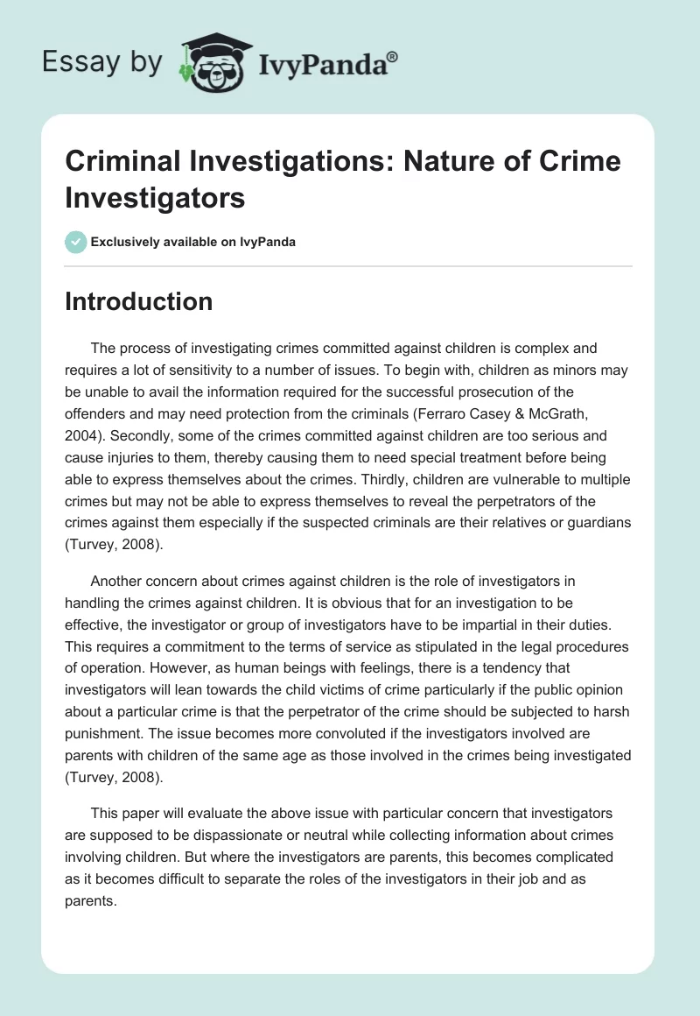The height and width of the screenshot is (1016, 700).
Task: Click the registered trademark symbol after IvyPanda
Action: coord(393,57)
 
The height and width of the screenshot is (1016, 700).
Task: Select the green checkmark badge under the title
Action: coord(75,242)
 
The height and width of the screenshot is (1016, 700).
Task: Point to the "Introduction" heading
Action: coord(139,301)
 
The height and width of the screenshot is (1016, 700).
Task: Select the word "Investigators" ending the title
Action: coord(155,197)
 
